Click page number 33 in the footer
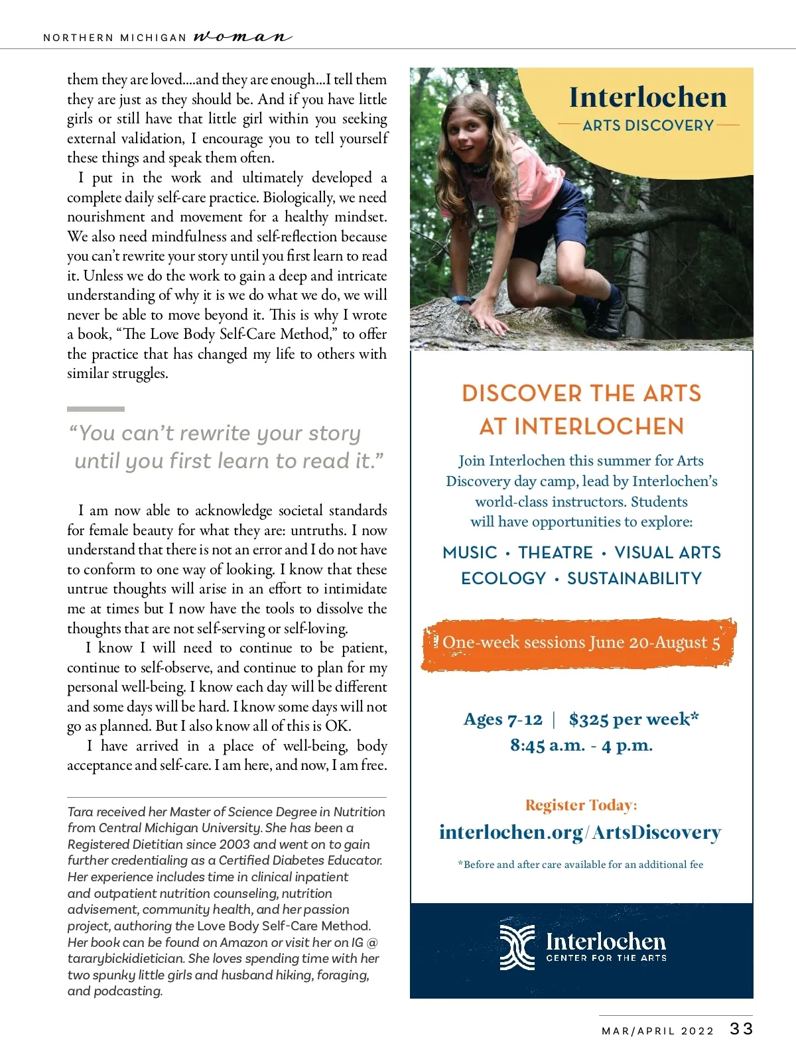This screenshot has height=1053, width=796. pyautogui.click(x=741, y=1028)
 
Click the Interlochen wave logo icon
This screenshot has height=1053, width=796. pyautogui.click(x=517, y=947)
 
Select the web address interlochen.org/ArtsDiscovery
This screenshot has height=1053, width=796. pyautogui.click(x=580, y=832)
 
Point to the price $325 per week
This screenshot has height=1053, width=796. pyautogui.click(x=633, y=719)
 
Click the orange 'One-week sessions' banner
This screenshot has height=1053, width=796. pyautogui.click(x=580, y=643)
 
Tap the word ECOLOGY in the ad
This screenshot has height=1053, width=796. pyautogui.click(x=503, y=578)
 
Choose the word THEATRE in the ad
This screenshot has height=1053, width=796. pyautogui.click(x=555, y=552)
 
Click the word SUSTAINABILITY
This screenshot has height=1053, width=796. pyautogui.click(x=634, y=578)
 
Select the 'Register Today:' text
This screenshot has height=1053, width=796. pyautogui.click(x=581, y=805)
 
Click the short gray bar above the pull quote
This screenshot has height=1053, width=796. pyautogui.click(x=96, y=409)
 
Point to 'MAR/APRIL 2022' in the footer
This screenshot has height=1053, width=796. pyautogui.click(x=657, y=1031)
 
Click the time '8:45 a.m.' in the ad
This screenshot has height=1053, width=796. pyautogui.click(x=547, y=745)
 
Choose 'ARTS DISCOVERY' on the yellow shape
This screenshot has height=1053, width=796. pyautogui.click(x=648, y=125)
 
